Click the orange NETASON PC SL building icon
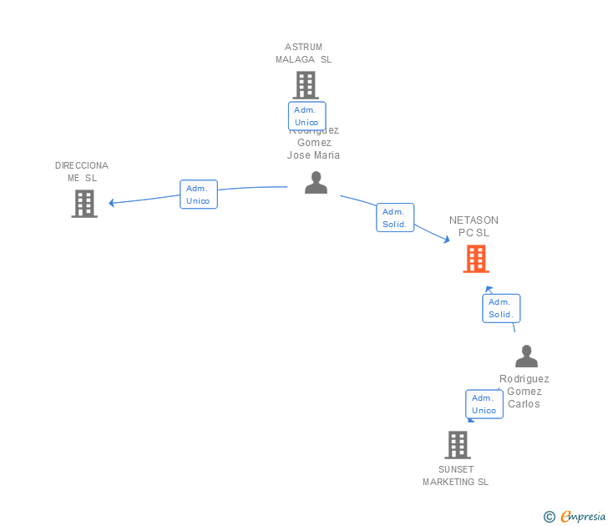point(476,259)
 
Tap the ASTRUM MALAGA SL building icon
point(306,85)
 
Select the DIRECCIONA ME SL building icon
point(84,204)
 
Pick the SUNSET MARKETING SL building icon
point(458,445)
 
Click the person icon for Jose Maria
point(316,182)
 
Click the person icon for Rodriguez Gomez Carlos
point(526,357)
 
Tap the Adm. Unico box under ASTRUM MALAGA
point(307,116)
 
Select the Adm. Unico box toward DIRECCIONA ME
point(198,195)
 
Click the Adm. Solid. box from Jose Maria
point(394,218)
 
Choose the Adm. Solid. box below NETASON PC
point(500,308)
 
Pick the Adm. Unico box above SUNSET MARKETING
point(484,404)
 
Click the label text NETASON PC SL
point(474,226)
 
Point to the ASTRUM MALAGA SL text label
point(303,53)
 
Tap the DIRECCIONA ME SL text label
point(82,171)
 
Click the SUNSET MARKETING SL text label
point(455,476)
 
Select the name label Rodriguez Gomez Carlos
point(524,391)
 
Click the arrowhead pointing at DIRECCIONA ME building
point(112,203)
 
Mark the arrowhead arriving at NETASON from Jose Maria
point(446,240)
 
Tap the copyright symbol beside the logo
point(549,517)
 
